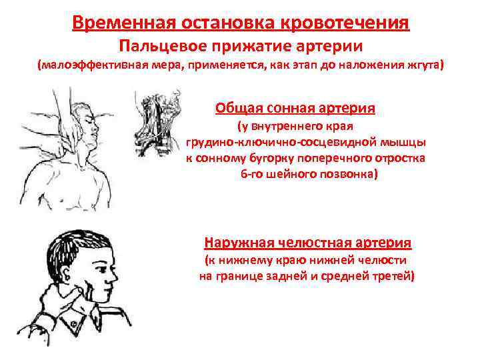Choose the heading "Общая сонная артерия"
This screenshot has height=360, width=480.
coord(295,107)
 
